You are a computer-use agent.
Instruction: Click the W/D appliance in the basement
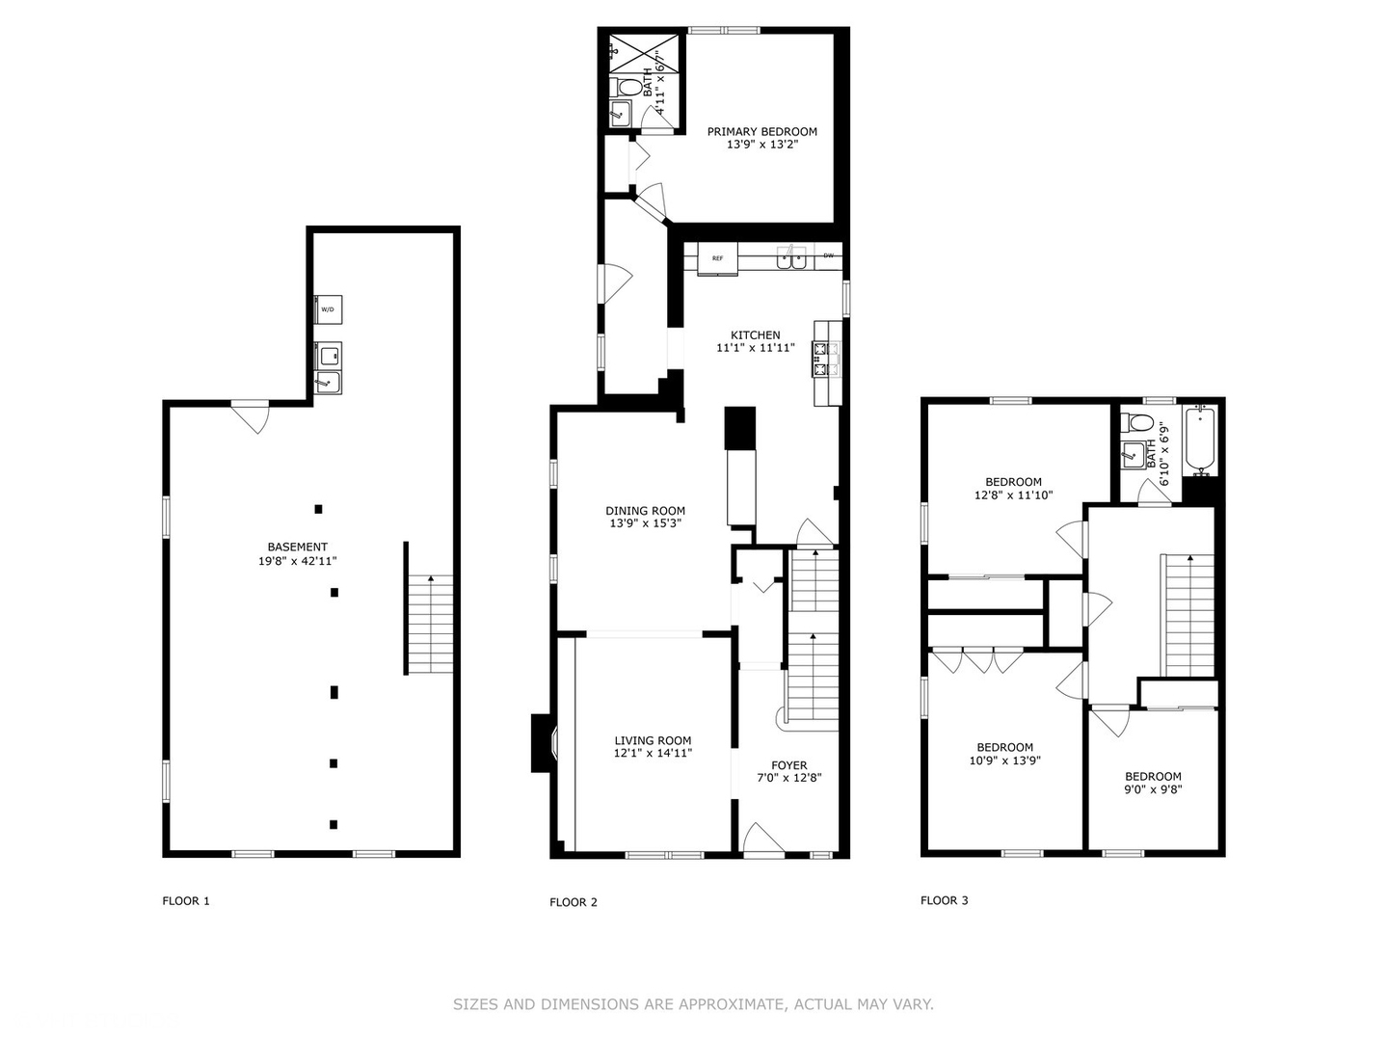click(x=328, y=309)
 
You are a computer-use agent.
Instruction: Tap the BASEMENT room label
click(x=297, y=547)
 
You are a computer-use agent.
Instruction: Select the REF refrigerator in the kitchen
click(x=717, y=258)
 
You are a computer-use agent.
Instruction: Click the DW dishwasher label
click(x=828, y=256)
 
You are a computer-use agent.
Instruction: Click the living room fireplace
click(x=542, y=742)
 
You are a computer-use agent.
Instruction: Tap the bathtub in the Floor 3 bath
click(x=1201, y=440)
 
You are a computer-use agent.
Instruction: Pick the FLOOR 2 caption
click(x=574, y=902)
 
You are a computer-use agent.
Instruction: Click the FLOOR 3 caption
click(x=945, y=900)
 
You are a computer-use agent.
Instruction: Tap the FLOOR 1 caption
click(x=186, y=901)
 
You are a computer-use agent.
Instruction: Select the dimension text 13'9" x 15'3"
click(x=646, y=524)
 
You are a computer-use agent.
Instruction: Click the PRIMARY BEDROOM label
click(x=761, y=131)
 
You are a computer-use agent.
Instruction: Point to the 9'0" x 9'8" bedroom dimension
click(x=1153, y=789)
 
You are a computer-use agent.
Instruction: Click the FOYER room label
click(x=788, y=765)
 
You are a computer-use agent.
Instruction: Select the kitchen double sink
click(x=792, y=258)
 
